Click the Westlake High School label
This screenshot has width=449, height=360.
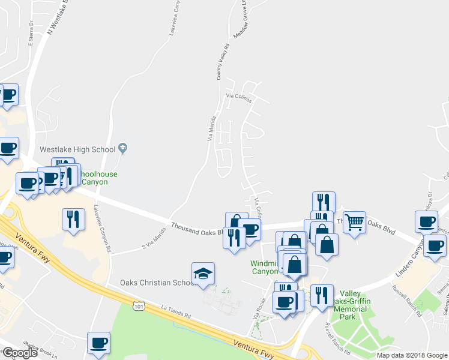tap(77, 149)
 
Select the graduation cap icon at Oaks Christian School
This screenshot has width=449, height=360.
tap(203, 275)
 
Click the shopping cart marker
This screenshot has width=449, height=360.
tap(354, 223)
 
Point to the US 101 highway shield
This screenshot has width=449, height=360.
tap(139, 307)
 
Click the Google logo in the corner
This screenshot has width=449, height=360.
tap(20, 353)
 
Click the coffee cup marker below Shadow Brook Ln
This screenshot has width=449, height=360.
tap(99, 344)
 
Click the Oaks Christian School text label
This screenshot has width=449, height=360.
tap(155, 283)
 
